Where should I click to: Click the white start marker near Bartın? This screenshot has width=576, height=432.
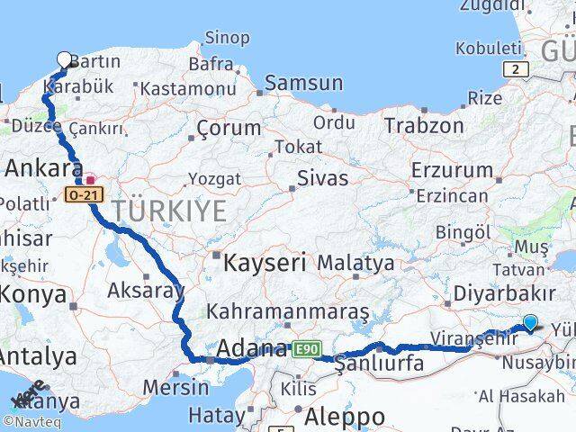[65, 60]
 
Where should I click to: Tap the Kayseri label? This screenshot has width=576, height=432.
[265, 264]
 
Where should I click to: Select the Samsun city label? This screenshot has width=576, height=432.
[304, 84]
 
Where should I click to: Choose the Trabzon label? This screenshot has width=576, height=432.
[424, 125]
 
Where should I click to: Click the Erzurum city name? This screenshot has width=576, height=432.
[452, 170]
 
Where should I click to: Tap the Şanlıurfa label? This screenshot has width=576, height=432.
[378, 364]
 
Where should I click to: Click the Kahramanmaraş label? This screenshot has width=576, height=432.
[288, 311]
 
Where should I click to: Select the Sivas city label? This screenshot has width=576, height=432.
[322, 178]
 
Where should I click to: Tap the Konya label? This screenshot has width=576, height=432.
[32, 293]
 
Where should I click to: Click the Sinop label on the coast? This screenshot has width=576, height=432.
[227, 38]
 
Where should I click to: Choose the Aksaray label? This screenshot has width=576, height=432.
[145, 290]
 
